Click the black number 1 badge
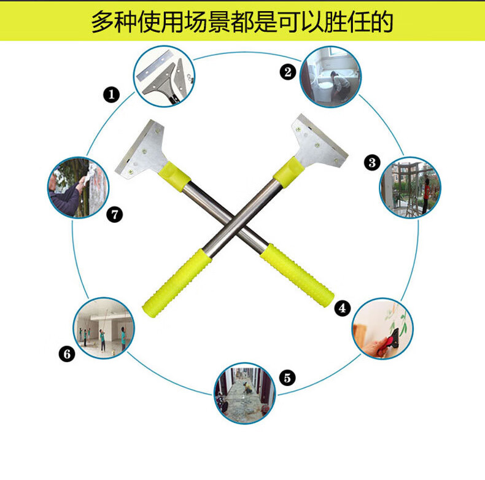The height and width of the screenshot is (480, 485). [x=111, y=95]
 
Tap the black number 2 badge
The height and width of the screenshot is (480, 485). [x=288, y=72]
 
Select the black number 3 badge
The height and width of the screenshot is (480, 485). [x=372, y=163]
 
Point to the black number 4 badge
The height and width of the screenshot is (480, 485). [x=343, y=308]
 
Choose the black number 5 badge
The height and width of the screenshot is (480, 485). [x=287, y=377]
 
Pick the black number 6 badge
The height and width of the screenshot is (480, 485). [x=67, y=354]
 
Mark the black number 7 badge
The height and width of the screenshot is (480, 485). [x=114, y=215]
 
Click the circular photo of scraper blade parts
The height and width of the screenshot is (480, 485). [x=164, y=76]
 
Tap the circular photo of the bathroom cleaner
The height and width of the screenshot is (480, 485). [x=330, y=77]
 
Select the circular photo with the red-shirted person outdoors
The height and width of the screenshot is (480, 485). [x=410, y=188]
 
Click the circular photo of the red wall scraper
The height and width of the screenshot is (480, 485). [x=383, y=328]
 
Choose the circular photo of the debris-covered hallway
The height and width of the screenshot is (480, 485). [x=245, y=393]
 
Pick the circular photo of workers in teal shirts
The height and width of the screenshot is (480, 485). [x=104, y=328]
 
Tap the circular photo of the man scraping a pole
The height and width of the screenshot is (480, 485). [x=78, y=188]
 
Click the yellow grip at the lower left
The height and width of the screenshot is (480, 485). [x=177, y=283]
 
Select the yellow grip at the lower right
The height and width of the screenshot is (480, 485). [x=297, y=275]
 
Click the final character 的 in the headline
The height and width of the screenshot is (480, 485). [x=382, y=21]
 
